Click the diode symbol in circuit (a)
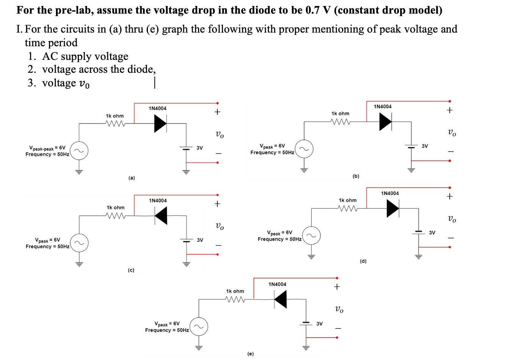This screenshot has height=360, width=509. [x=160, y=124]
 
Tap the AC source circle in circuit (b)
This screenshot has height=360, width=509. [x=304, y=149]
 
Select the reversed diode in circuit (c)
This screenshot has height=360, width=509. [x=161, y=216]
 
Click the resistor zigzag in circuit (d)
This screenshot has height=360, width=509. [x=348, y=208]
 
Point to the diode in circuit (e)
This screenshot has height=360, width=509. [x=280, y=299]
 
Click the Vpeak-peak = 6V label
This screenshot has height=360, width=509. [x=47, y=148]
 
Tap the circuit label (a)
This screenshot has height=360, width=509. [x=132, y=178]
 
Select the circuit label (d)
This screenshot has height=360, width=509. [x=363, y=261]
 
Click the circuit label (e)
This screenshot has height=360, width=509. [x=250, y=354]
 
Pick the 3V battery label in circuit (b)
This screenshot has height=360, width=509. [x=425, y=146]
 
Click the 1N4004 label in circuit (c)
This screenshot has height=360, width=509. [x=158, y=200]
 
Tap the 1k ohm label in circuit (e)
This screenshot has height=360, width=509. [x=235, y=291]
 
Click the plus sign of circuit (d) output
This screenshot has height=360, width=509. [x=449, y=196]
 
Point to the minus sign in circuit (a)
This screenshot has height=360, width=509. [x=218, y=154]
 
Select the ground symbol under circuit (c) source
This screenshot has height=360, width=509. [x=79, y=264]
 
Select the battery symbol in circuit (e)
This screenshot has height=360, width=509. [x=306, y=323]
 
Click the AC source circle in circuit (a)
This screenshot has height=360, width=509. [x=79, y=151]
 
